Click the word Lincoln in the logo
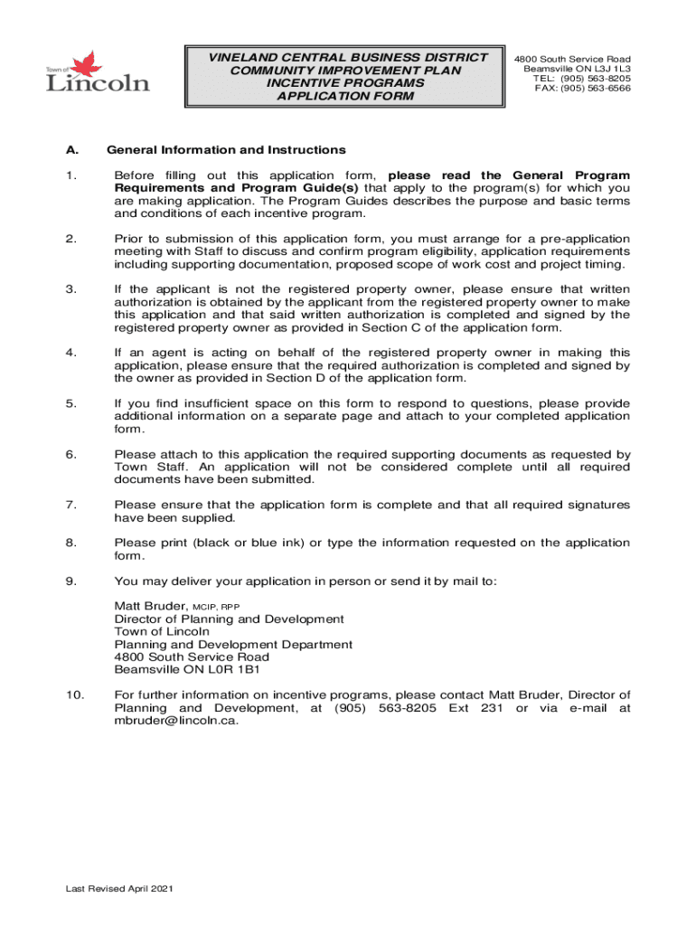pos(99,84)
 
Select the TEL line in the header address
pos(582,78)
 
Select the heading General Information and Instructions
pos(226,149)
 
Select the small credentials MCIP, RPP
pos(216,606)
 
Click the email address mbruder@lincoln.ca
pos(176,721)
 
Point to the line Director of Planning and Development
pos(229,619)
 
